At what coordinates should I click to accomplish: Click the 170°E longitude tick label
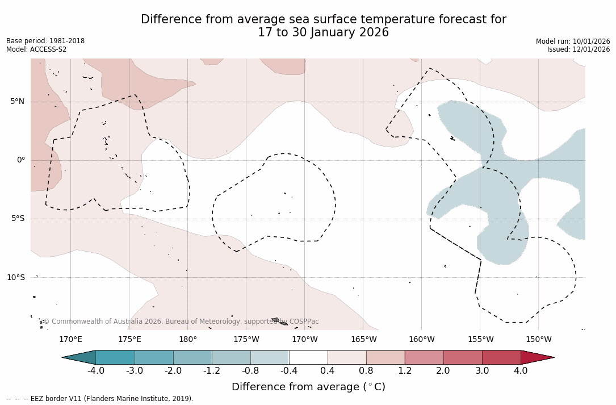tap(70, 340)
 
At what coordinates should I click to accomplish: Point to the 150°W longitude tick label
tap(539, 340)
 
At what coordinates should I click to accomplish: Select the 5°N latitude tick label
tap(18, 102)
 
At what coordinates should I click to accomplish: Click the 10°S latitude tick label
tap(16, 277)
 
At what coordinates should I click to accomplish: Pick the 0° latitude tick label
tap(21, 160)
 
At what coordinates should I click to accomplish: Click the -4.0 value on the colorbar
tap(96, 371)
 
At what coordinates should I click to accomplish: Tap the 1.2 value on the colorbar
tap(405, 371)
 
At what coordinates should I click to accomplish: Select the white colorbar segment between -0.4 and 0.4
tap(308, 357)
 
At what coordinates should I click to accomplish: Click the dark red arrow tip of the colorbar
tap(538, 357)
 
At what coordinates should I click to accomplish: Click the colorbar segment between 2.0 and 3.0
tap(463, 357)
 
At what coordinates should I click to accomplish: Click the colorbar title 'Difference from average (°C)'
tap(308, 387)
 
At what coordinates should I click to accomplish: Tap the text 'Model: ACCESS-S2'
tap(36, 49)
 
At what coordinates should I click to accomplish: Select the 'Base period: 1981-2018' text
tap(45, 41)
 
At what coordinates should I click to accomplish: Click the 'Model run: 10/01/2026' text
tap(573, 41)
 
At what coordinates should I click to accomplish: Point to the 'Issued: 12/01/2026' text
tap(579, 49)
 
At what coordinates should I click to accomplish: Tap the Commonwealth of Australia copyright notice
tap(181, 322)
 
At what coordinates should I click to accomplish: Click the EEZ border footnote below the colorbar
tap(100, 399)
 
